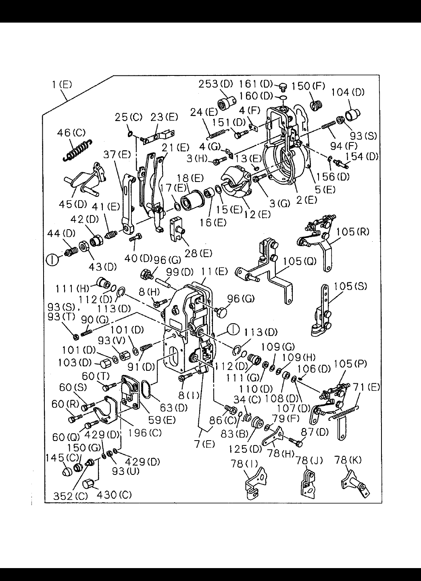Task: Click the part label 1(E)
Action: (x=62, y=85)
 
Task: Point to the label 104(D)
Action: (x=348, y=92)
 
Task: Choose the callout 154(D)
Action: (x=361, y=157)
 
